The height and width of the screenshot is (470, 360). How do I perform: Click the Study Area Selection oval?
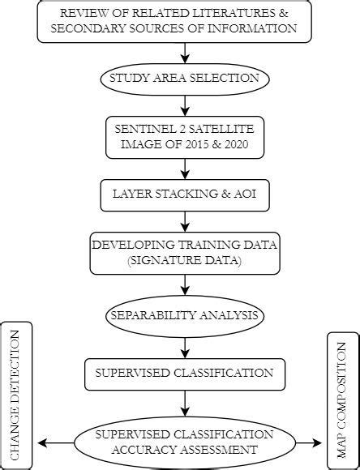pos(185,79)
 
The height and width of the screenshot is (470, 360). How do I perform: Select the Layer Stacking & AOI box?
pos(185,194)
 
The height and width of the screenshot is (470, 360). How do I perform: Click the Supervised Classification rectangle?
pos(185,374)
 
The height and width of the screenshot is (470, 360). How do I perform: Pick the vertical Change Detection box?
pos(17,395)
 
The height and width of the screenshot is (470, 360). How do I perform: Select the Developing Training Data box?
pos(185,254)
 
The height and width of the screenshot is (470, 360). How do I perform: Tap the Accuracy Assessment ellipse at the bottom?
pos(185,442)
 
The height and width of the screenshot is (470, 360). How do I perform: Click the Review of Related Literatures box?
pos(185,21)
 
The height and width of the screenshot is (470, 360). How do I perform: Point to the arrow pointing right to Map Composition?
pos(312,442)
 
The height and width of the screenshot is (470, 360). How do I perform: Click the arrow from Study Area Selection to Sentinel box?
pos(185,105)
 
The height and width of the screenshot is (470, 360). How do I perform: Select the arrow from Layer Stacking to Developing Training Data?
pos(185,223)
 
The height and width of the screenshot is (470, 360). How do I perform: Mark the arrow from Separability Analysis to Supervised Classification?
pos(185,344)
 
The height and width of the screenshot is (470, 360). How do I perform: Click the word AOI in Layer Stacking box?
pos(244,194)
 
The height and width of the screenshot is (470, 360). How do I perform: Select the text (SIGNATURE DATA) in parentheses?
pos(185,263)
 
